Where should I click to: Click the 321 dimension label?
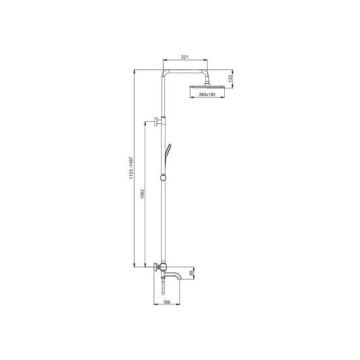coord(184,57)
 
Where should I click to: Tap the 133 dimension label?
coord(231,78)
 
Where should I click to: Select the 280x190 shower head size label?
coord(207,94)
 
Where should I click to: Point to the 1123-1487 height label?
coord(131,168)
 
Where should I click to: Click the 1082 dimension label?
coord(142,194)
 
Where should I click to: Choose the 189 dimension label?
coord(167,302)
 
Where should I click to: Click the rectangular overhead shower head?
coord(207,87)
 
